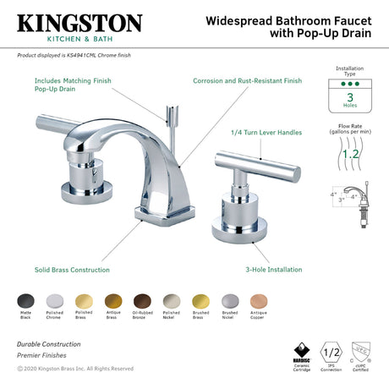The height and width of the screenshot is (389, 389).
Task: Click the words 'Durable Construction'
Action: (49, 344)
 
